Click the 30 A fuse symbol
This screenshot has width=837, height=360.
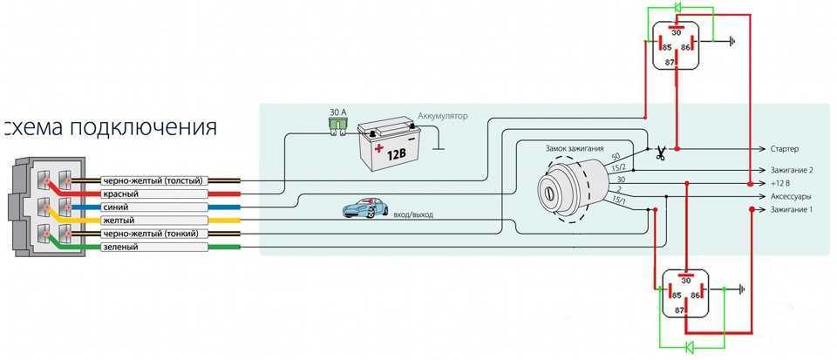tap(335, 126)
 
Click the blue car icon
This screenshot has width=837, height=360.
tap(364, 208)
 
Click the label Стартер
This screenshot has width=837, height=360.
tap(785, 149)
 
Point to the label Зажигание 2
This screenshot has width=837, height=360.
tap(792, 170)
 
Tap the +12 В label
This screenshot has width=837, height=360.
tap(781, 184)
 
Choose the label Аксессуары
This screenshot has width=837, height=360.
tap(791, 197)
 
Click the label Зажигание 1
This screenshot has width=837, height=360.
tap(791, 211)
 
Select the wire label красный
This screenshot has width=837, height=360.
tap(119, 194)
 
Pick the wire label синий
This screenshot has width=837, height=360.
tap(116, 207)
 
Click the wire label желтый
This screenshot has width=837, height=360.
tap(119, 221)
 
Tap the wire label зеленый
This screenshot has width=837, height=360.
tap(120, 248)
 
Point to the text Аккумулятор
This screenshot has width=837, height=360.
tap(443, 116)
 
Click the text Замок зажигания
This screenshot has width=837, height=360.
tap(574, 149)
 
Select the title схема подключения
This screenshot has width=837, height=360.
tap(110, 128)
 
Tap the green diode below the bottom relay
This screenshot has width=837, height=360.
tap(688, 347)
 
